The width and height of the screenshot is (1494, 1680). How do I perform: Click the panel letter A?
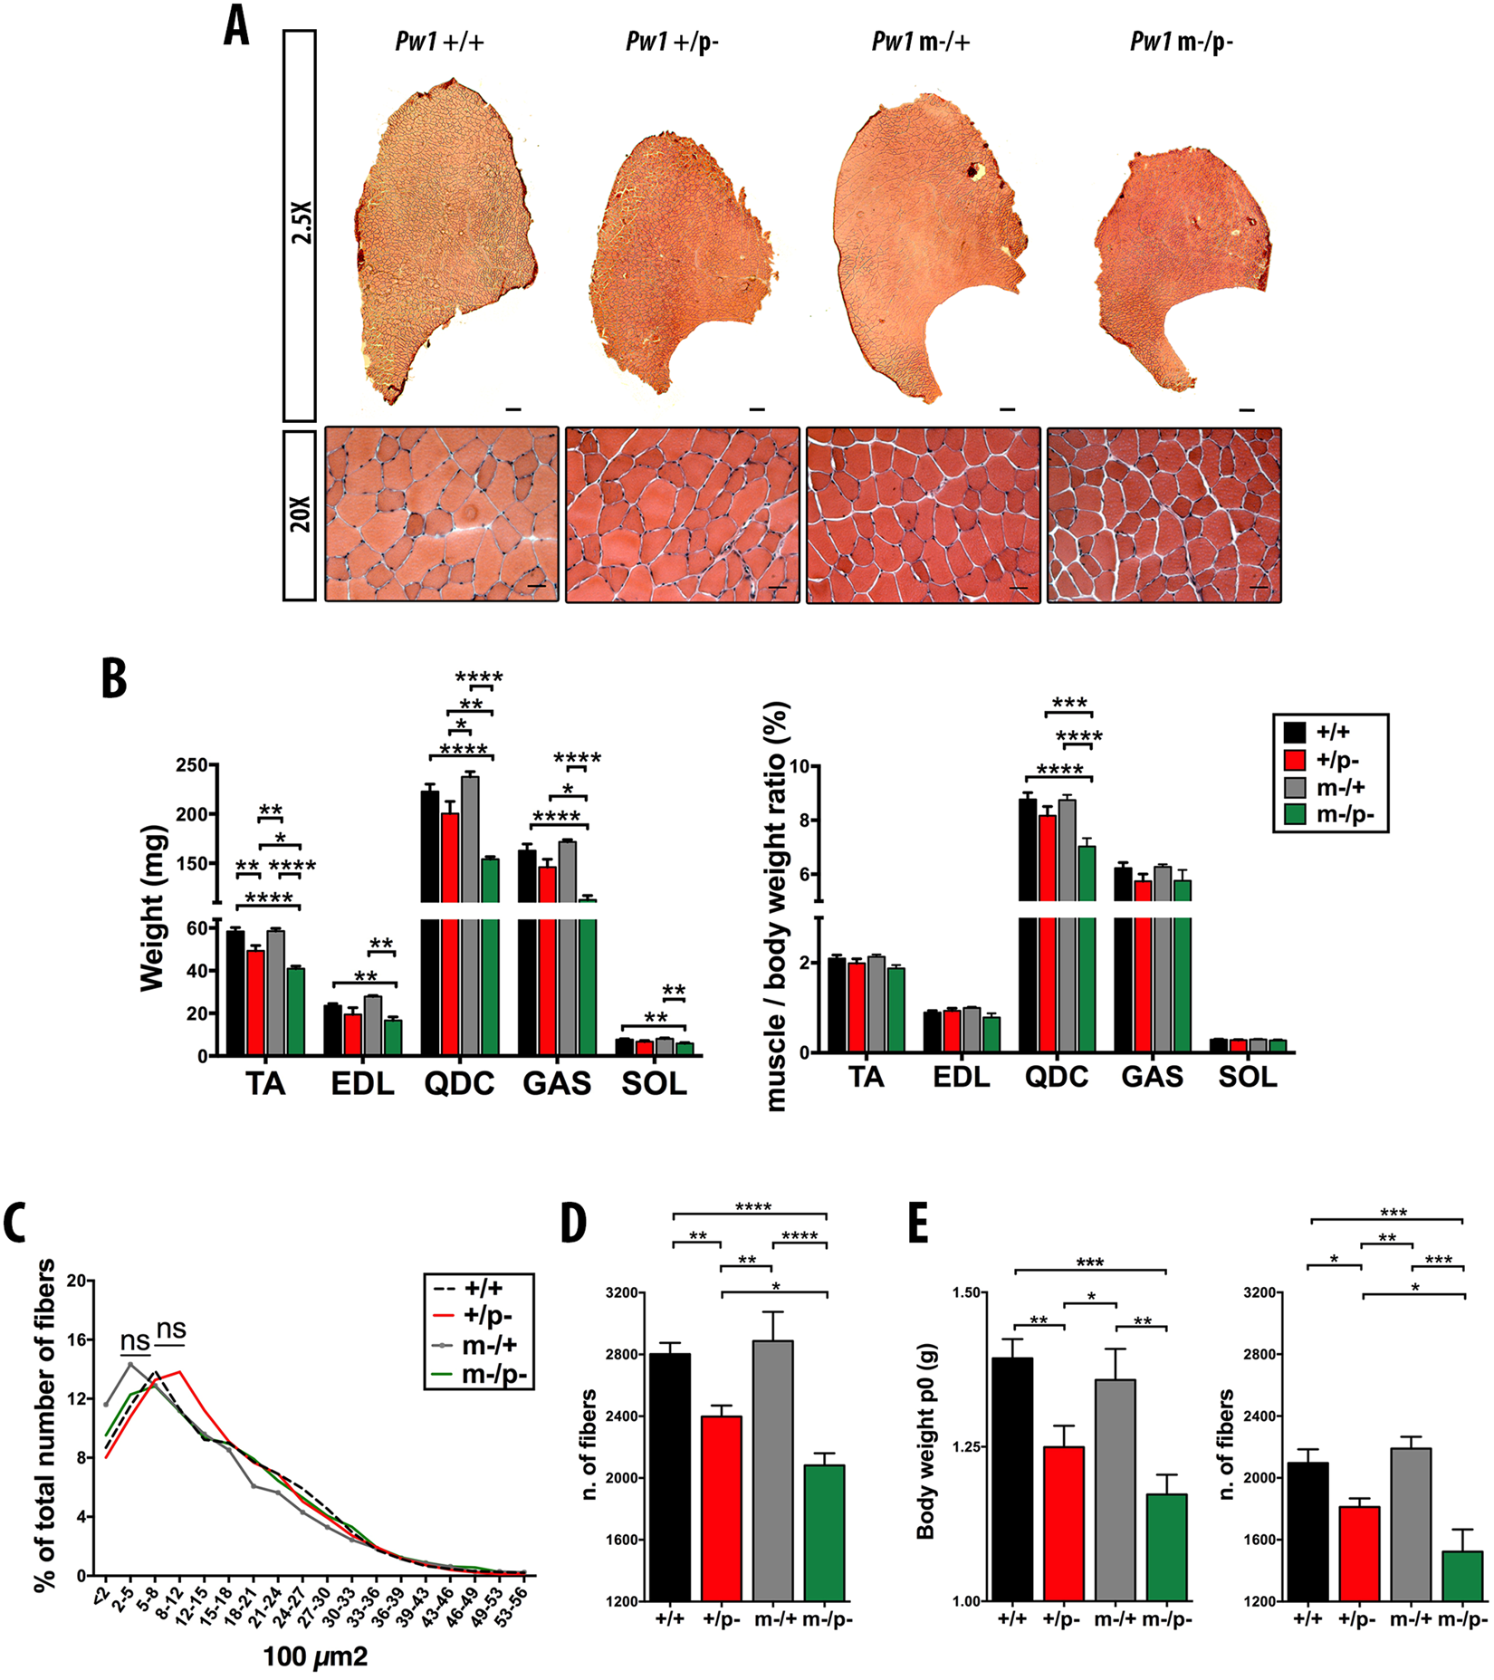[x=236, y=27]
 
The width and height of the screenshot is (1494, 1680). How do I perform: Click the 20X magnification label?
[x=301, y=515]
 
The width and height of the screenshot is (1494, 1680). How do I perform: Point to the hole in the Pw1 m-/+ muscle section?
[x=975, y=170]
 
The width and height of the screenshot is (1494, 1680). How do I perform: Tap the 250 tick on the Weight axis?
[x=192, y=765]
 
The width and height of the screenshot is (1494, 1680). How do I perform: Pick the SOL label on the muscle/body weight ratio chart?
[x=1247, y=1077]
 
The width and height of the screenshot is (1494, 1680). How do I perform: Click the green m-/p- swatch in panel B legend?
[x=1295, y=814]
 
